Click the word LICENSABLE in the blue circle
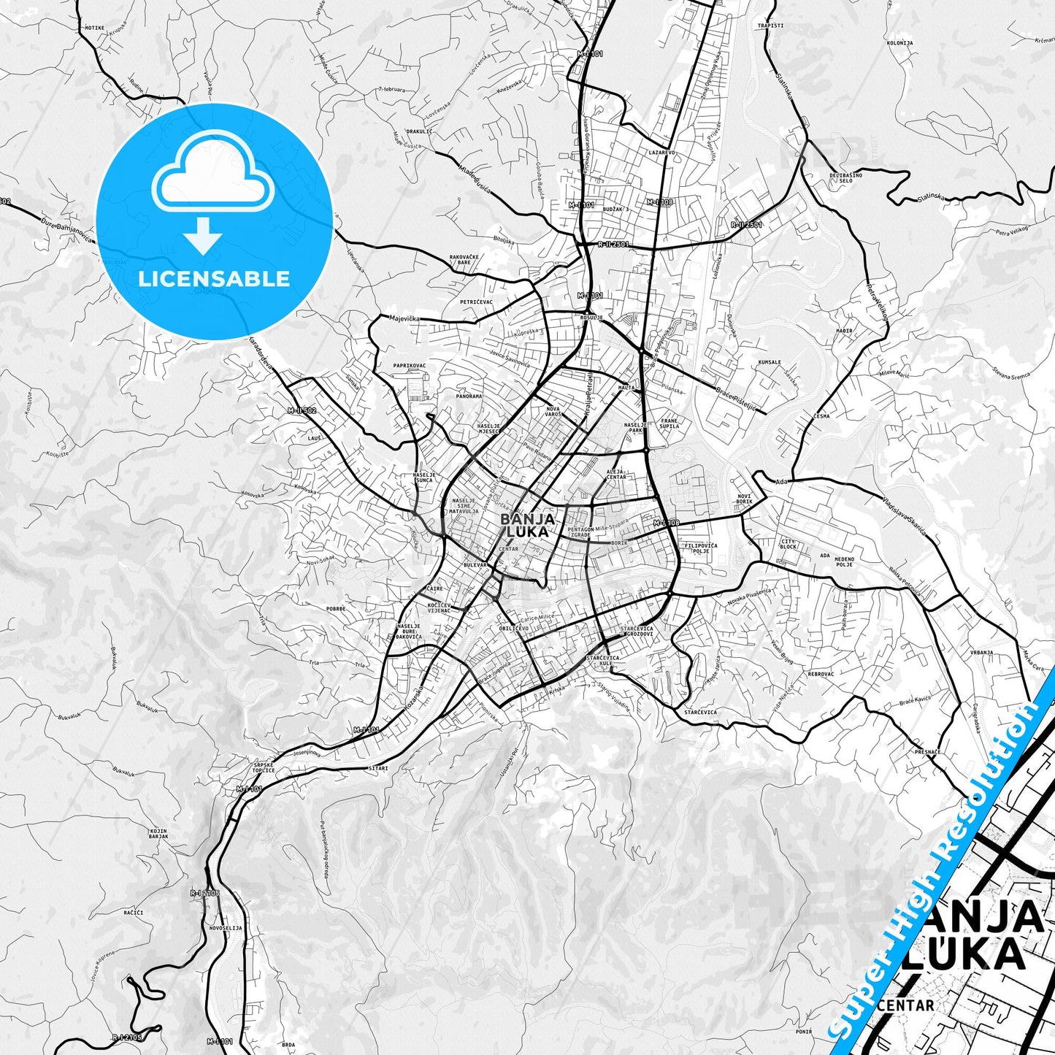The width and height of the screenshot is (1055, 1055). tap(214, 279)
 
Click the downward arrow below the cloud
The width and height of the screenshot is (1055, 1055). tap(203, 235)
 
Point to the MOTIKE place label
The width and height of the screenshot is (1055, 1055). tap(94, 27)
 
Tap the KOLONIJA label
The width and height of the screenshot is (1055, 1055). tap(899, 43)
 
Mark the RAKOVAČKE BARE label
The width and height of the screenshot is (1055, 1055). tap(464, 259)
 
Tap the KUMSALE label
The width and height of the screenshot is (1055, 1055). tap(770, 362)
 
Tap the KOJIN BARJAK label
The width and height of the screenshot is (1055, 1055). tap(159, 834)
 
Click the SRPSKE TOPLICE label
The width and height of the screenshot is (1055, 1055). tap(264, 767)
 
